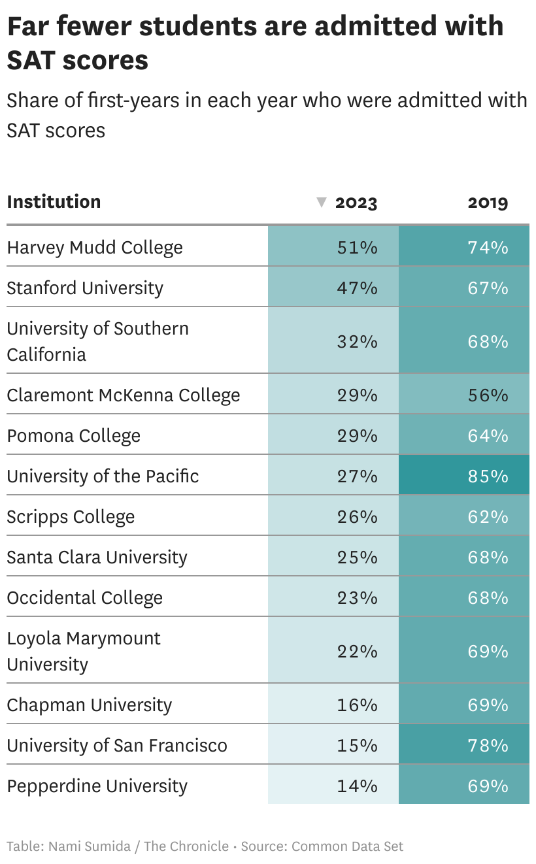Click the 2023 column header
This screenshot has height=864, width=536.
356,203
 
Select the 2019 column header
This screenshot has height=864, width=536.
488,203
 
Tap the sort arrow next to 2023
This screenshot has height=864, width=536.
321,203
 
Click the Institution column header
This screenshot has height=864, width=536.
54,201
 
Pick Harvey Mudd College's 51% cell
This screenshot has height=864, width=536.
357,248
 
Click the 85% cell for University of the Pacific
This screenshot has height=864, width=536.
488,476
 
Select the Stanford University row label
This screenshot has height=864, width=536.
85,288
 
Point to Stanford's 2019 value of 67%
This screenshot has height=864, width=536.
488,288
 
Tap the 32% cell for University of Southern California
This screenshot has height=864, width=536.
357,341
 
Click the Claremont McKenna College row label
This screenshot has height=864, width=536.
124,395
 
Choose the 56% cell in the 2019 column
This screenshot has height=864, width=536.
488,395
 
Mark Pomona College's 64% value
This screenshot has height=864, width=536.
488,435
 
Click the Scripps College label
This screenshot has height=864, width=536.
71,516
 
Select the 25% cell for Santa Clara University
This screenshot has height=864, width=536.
357,557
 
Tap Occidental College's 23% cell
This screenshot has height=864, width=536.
357,597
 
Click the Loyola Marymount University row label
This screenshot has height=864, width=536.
84,651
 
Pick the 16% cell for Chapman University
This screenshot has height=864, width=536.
357,705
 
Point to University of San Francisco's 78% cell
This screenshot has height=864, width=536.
488,745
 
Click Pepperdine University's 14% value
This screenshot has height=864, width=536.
357,786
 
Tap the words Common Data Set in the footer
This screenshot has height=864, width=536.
347,846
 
